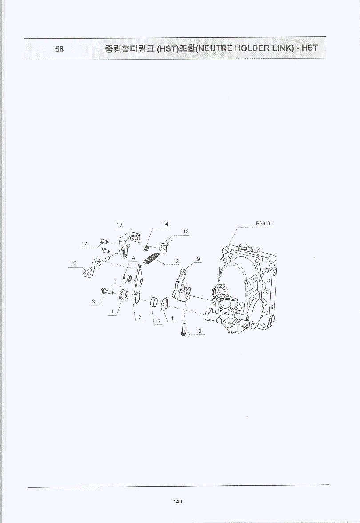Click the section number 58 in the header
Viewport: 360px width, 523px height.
click(59, 49)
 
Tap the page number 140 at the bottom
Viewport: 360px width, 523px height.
click(177, 502)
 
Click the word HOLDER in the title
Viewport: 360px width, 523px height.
click(252, 48)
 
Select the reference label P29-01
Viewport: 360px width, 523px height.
click(264, 223)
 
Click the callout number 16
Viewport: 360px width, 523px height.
click(119, 224)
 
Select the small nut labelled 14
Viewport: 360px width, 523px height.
click(146, 248)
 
